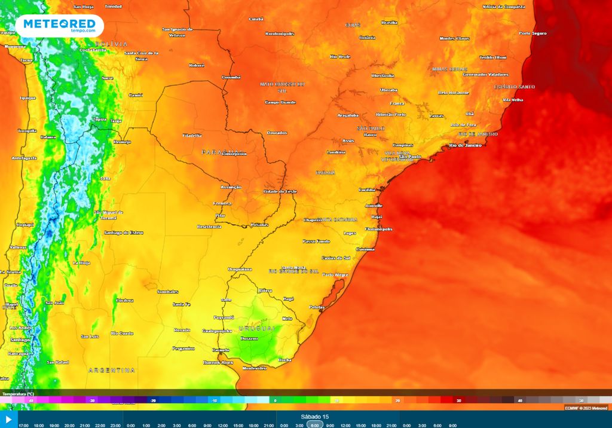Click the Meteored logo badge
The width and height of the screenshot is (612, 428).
(60, 26)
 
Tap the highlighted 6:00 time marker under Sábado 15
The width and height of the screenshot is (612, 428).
(315, 425)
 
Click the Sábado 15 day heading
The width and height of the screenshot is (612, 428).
(315, 417)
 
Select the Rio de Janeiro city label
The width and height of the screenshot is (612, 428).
(465, 145)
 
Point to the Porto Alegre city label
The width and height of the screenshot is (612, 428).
(335, 274)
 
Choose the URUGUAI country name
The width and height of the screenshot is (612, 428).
(258, 329)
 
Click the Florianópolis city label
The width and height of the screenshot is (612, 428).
(379, 229)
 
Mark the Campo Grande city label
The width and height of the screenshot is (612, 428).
(280, 102)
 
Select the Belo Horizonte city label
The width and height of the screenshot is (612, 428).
(454, 93)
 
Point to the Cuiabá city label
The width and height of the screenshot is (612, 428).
(256, 19)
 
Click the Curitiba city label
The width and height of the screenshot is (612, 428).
(367, 189)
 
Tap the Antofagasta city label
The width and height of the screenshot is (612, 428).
(24, 158)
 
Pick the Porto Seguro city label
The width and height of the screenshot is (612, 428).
(533, 33)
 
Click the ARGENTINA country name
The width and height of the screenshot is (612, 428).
(112, 371)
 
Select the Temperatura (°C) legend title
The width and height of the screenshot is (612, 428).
(18, 394)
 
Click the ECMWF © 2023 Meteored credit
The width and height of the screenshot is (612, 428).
(586, 408)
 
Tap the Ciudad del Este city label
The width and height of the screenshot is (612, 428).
(280, 191)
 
